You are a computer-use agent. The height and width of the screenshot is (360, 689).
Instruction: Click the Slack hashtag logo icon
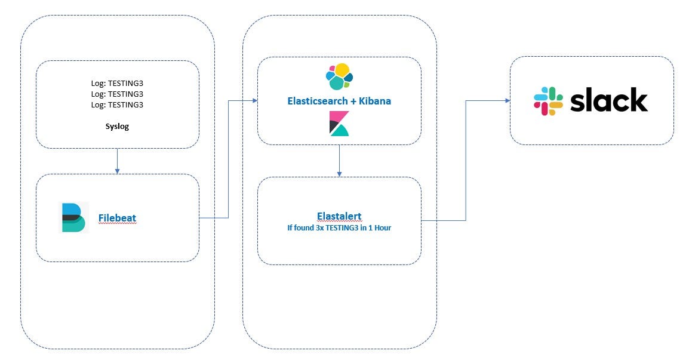pyautogui.click(x=548, y=101)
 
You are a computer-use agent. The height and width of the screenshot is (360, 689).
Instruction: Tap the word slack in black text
pyautogui.click(x=608, y=101)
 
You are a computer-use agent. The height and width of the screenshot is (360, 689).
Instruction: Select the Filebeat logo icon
pyautogui.click(x=74, y=217)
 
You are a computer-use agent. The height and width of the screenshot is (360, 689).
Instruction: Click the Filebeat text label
pyautogui.click(x=117, y=219)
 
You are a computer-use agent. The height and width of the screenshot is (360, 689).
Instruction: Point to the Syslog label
pyautogui.click(x=117, y=127)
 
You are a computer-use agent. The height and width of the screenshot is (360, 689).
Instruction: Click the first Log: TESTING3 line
pyautogui.click(x=117, y=84)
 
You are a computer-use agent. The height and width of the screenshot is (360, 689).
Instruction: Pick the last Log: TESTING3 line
pyautogui.click(x=117, y=104)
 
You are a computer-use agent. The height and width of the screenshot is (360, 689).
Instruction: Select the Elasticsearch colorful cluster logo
pyautogui.click(x=339, y=76)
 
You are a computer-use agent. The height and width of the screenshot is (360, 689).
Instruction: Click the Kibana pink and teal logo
pyautogui.click(x=339, y=124)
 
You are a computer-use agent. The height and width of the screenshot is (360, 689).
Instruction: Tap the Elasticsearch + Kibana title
pyautogui.click(x=339, y=101)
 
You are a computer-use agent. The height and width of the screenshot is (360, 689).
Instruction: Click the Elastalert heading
pyautogui.click(x=339, y=216)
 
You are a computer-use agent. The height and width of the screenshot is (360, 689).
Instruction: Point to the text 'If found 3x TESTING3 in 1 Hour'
pyautogui.click(x=339, y=227)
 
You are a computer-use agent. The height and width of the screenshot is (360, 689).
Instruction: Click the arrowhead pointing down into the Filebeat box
pyautogui.click(x=117, y=171)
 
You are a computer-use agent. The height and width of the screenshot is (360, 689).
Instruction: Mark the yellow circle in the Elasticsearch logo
pyautogui.click(x=342, y=70)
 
